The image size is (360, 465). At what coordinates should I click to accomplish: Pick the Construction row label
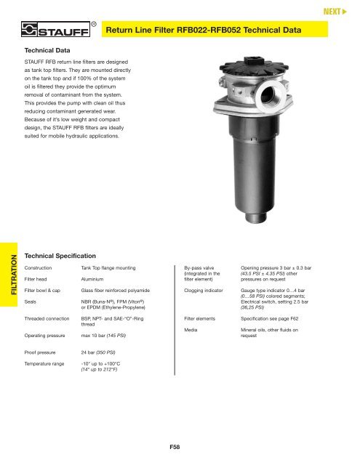[x=42, y=268]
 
